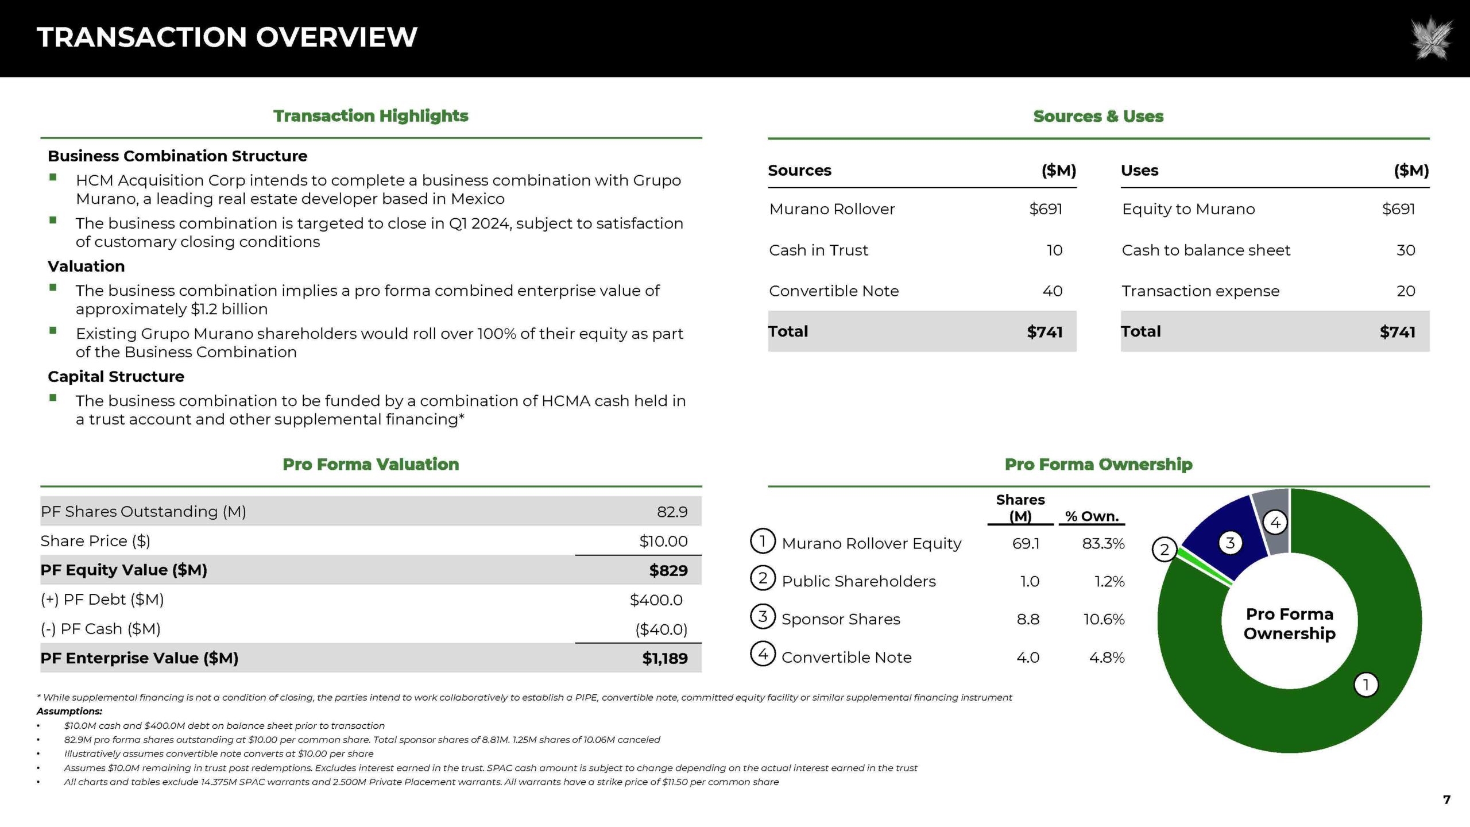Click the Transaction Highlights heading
tap(370, 116)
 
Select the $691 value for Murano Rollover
tap(1045, 209)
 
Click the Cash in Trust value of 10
tap(1054, 250)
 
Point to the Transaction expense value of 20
tap(1406, 291)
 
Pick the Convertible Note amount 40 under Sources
tap(1052, 291)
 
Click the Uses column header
tap(1139, 171)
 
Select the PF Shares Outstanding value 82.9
tap(672, 512)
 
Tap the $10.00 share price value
tap(663, 541)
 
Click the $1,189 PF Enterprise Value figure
tap(664, 658)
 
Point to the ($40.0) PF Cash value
tap(661, 629)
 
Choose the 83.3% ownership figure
tap(1103, 543)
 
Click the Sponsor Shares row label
tap(841, 619)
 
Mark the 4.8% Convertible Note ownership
tap(1107, 658)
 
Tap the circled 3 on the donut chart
tap(1230, 543)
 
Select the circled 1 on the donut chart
tap(1366, 685)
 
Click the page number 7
tap(1446, 799)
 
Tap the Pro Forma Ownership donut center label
tap(1289, 624)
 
